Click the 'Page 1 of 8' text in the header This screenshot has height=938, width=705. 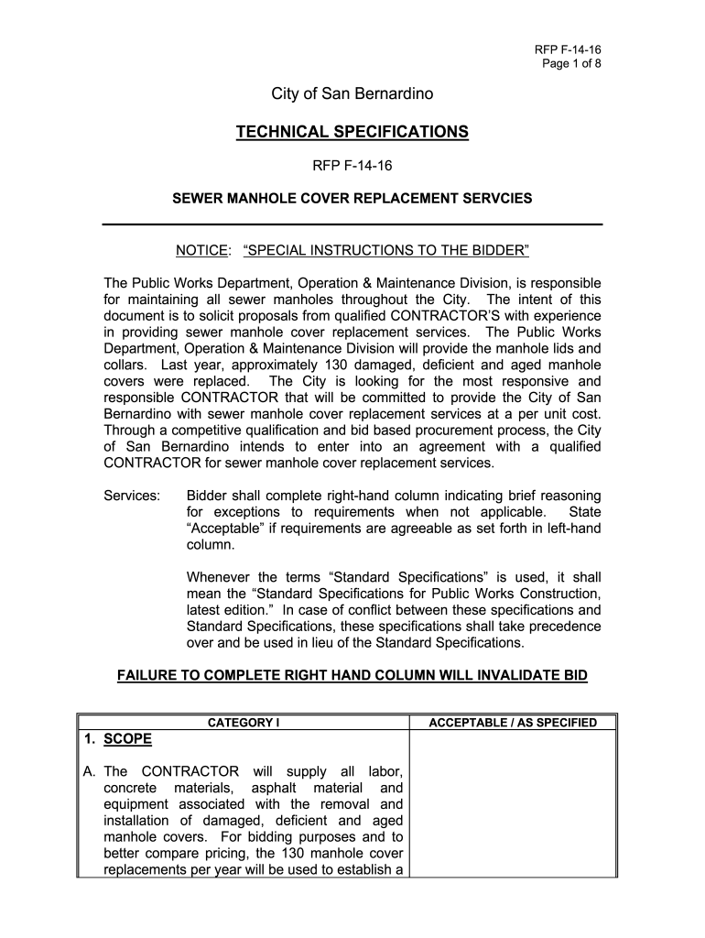coord(569,63)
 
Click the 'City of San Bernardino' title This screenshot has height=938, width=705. coord(352,94)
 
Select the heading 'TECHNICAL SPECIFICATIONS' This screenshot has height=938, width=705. coord(352,133)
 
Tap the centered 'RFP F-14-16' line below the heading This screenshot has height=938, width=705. coord(352,167)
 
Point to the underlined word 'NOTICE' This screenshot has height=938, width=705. coord(201,251)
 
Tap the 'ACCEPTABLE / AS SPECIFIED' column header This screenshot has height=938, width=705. coord(513,723)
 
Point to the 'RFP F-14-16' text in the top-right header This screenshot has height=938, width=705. coord(569,49)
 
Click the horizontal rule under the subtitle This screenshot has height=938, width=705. coord(352,224)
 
